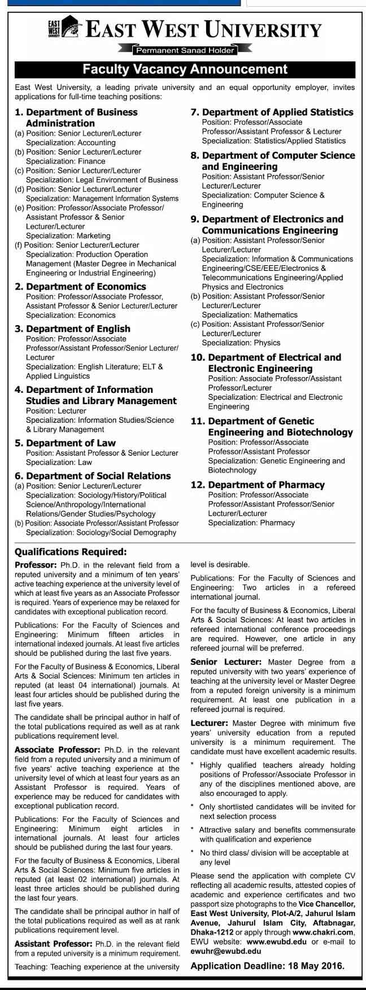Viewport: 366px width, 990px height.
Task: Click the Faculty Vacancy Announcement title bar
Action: click(185, 69)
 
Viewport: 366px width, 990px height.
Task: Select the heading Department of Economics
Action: click(86, 287)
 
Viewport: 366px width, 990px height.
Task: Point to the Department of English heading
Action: click(78, 328)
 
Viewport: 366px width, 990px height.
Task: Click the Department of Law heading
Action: click(71, 443)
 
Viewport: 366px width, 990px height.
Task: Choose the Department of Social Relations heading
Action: click(98, 476)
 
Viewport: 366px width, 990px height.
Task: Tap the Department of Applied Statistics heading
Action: click(277, 112)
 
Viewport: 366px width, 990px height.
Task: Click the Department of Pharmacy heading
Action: click(266, 485)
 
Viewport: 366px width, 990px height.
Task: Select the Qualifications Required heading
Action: click(71, 551)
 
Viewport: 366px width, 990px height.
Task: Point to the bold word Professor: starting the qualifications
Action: click(36, 564)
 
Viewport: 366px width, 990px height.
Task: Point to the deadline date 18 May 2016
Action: click(312, 966)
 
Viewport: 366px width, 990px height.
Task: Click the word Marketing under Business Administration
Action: click(89, 235)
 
